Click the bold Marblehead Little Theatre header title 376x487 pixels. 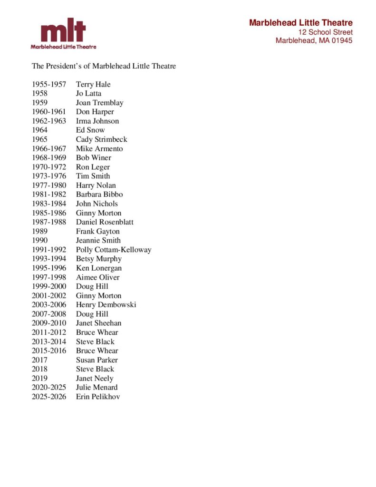(x=301, y=23)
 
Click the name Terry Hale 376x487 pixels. (x=93, y=85)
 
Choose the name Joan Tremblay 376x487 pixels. (x=99, y=103)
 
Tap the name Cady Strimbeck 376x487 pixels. (x=101, y=139)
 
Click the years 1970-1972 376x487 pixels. (x=49, y=167)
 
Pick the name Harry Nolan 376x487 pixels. (x=96, y=185)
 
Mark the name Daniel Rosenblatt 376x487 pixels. (x=105, y=222)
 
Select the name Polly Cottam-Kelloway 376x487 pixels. (x=114, y=250)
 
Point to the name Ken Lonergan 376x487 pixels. (x=99, y=268)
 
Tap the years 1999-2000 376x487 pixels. (x=49, y=286)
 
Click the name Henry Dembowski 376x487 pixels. (x=106, y=305)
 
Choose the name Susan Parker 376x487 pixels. (x=96, y=360)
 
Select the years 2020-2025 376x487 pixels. (x=49, y=388)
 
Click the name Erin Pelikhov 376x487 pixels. (x=98, y=397)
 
